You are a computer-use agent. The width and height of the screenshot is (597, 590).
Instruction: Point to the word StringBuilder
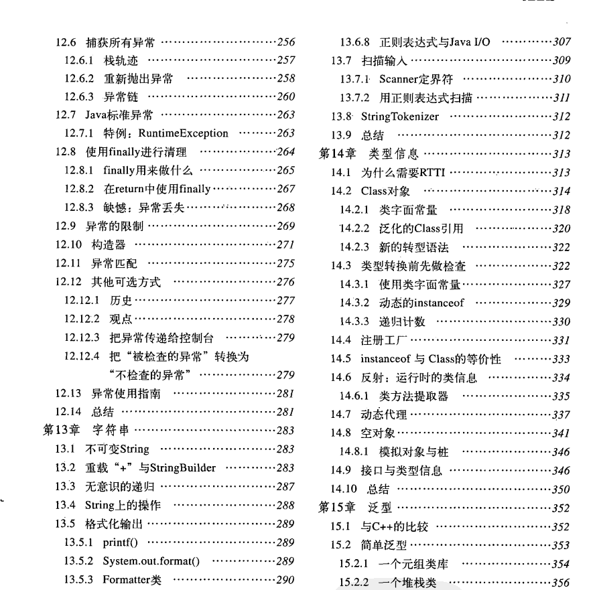pyautogui.click(x=187, y=467)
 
